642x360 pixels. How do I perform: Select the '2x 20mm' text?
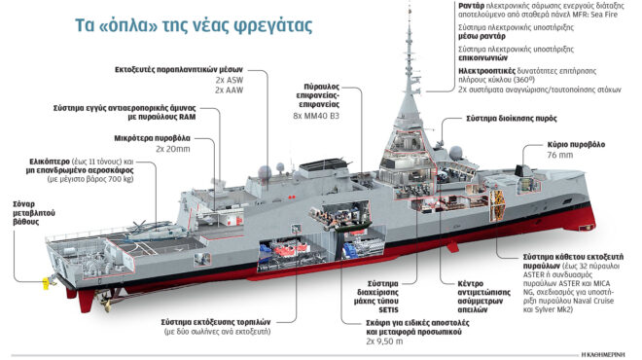[173, 151]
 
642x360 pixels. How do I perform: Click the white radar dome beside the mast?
[454, 153]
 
